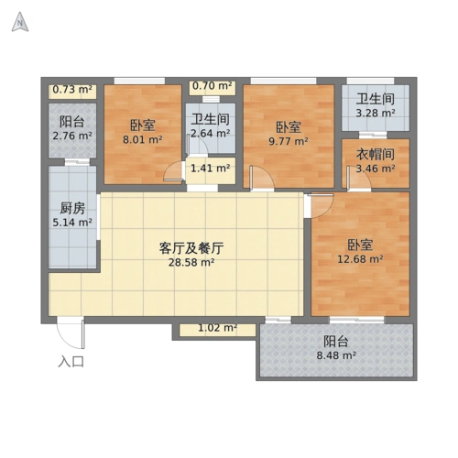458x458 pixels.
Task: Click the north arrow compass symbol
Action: [19, 22]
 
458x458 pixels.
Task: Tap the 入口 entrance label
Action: [71, 361]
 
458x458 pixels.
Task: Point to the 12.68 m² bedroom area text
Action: [358, 259]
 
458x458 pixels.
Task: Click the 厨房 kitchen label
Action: [72, 208]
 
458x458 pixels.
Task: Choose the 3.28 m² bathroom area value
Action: [375, 114]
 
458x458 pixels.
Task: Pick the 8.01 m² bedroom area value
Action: [141, 142]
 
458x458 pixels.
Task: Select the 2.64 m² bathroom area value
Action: [209, 134]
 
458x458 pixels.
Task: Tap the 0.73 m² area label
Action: [73, 90]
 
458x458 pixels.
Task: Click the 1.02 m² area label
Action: [218, 328]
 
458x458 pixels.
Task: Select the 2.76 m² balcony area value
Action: [71, 136]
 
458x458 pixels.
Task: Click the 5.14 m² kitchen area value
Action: [71, 223]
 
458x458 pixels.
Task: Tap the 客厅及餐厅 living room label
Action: [192, 247]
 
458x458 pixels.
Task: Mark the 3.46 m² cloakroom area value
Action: [375, 169]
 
